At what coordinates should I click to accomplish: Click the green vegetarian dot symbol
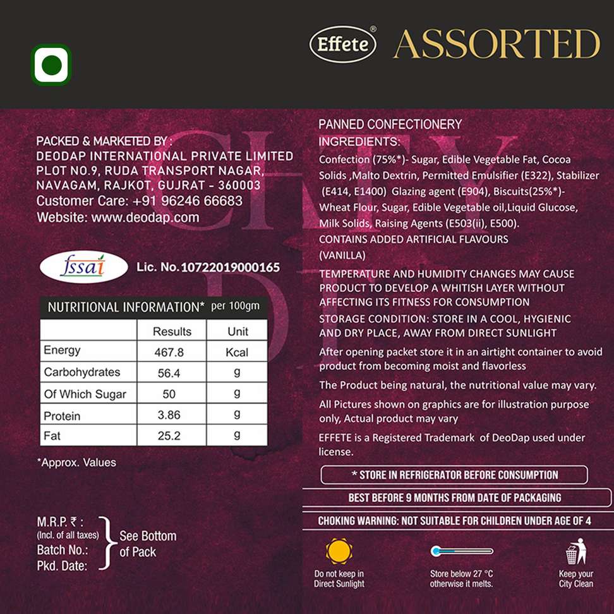pyautogui.click(x=51, y=65)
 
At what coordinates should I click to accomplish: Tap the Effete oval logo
pyautogui.click(x=343, y=45)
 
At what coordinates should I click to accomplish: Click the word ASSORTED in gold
pyautogui.click(x=497, y=44)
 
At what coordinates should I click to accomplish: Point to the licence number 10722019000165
pyautogui.click(x=230, y=267)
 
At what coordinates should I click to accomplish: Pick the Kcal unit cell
pyautogui.click(x=237, y=352)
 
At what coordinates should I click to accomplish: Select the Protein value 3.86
pyautogui.click(x=169, y=415)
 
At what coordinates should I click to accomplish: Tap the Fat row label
pyautogui.click(x=52, y=436)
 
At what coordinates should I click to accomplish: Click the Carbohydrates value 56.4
pyautogui.click(x=169, y=373)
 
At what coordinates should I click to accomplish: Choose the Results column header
pyautogui.click(x=172, y=331)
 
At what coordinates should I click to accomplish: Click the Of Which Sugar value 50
pyautogui.click(x=169, y=394)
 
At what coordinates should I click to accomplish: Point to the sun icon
pyautogui.click(x=339, y=551)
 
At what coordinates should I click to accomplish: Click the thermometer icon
pyautogui.click(x=462, y=551)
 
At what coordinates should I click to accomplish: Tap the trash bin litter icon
pyautogui.click(x=575, y=552)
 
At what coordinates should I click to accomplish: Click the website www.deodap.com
pyautogui.click(x=145, y=217)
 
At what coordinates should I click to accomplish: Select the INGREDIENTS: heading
pyautogui.click(x=359, y=141)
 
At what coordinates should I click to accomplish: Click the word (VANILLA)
pyautogui.click(x=342, y=256)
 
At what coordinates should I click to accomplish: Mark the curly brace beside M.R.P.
pyautogui.click(x=108, y=543)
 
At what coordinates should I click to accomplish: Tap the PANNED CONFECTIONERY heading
pyautogui.click(x=390, y=124)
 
